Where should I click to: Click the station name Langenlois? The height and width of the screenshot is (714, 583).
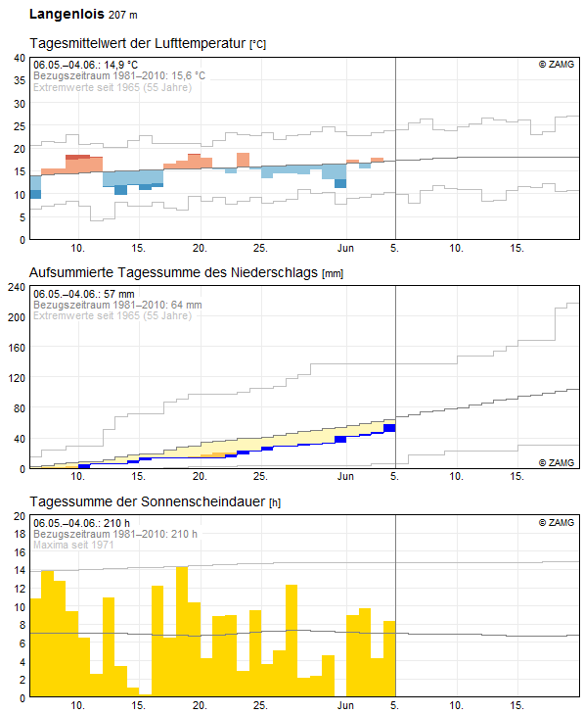click(67, 14)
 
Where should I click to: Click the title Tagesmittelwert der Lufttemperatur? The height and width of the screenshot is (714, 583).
click(138, 44)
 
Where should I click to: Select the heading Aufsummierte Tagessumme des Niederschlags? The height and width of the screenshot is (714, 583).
click(174, 272)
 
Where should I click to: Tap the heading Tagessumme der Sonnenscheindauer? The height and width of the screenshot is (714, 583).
click(148, 501)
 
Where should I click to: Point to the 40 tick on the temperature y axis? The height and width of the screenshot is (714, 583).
click(20, 58)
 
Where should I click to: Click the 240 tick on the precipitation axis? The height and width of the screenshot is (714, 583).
click(17, 287)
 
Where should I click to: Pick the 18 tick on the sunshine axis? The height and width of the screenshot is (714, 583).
click(20, 534)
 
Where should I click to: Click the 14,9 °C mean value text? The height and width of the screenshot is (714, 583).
click(120, 65)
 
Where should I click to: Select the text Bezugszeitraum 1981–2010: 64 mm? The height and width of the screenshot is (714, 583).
click(117, 305)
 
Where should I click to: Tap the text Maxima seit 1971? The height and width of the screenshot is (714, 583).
click(73, 545)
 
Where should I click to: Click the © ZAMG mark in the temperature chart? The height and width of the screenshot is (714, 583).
click(557, 65)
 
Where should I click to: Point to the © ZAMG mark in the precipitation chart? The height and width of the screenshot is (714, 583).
click(557, 462)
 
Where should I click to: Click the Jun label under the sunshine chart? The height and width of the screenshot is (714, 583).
click(345, 705)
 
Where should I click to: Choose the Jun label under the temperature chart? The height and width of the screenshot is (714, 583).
click(345, 248)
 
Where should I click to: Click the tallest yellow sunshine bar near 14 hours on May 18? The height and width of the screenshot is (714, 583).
click(182, 632)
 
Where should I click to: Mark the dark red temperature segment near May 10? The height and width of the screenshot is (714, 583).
click(77, 157)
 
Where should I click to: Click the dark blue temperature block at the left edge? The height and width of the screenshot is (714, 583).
click(35, 195)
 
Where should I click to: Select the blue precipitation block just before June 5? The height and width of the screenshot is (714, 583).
click(389, 428)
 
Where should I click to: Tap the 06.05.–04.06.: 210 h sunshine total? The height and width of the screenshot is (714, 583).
click(81, 523)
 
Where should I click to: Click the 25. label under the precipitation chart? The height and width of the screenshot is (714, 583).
click(260, 476)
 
